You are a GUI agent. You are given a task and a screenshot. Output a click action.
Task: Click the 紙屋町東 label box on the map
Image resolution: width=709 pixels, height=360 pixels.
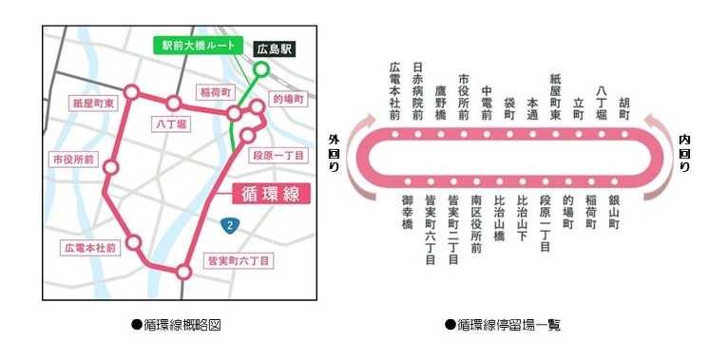click(92, 101)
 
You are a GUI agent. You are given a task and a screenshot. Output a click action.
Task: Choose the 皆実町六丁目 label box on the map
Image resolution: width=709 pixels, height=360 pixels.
click(239, 259)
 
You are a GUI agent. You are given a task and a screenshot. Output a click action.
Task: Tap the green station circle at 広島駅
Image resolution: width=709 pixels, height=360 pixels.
click(261, 69)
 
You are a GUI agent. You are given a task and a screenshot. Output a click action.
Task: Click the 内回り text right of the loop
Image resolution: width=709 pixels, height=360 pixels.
click(684, 152)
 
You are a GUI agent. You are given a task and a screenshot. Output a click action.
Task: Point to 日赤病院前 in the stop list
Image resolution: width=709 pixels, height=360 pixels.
click(418, 92)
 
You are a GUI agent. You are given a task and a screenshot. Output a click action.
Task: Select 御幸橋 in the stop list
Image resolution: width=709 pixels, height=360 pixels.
click(407, 213)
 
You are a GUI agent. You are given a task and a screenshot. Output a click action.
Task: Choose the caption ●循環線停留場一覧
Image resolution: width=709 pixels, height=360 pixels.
click(503, 325)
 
